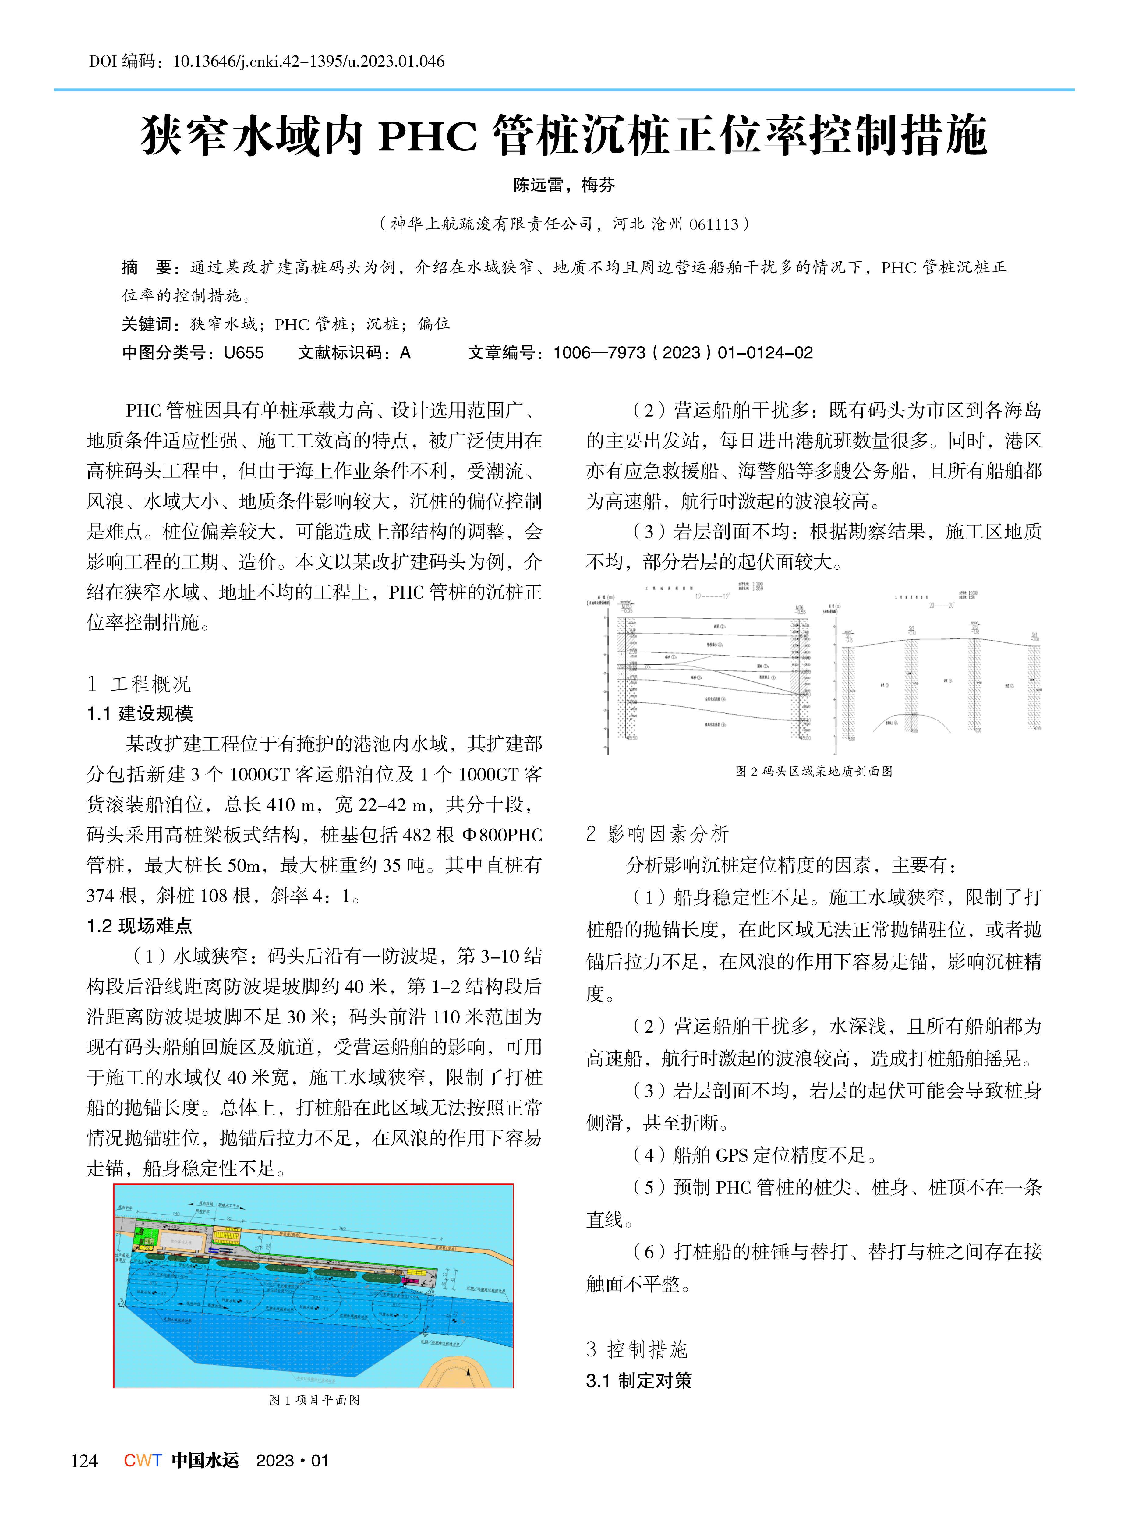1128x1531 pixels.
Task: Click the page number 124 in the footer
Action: click(x=84, y=1461)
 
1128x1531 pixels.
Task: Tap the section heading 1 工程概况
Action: click(x=139, y=684)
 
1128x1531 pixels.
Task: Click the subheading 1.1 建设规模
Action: click(x=140, y=714)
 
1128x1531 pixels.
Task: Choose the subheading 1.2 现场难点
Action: click(x=140, y=925)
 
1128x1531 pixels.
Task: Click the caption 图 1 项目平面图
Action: click(x=314, y=1400)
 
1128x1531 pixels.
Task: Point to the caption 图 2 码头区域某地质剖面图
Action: click(x=814, y=771)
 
